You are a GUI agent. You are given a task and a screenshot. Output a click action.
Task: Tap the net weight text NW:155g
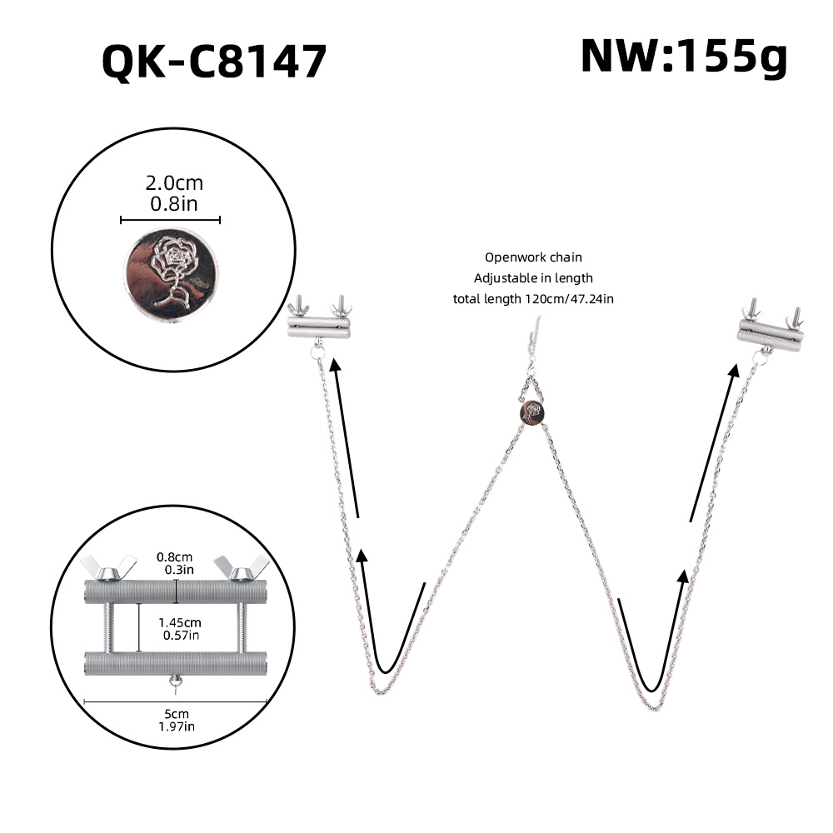683,57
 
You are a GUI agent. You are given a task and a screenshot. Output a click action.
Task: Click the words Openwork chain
533,257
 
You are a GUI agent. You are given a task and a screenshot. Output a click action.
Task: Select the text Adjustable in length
533,278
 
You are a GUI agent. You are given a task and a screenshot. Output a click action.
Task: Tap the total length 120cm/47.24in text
533,298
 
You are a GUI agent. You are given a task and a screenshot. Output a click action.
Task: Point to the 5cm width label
176,713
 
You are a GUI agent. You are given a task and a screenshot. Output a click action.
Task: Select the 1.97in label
176,726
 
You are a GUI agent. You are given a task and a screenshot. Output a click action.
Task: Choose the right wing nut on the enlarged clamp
241,567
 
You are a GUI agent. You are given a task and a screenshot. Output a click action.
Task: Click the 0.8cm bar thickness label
176,556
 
